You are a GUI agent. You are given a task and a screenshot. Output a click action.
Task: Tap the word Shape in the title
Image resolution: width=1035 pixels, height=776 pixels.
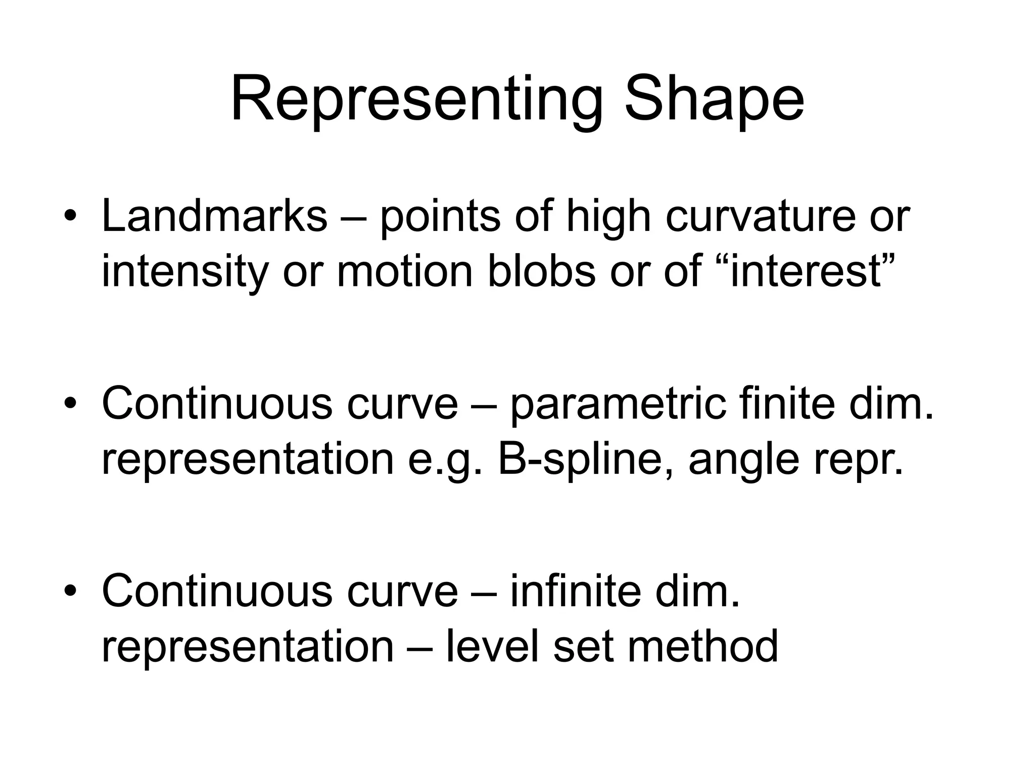[x=714, y=99]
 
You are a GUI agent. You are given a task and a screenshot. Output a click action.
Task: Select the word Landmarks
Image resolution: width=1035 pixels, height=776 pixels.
[x=214, y=216]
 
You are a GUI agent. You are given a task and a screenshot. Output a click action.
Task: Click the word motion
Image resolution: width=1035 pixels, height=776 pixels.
[x=404, y=272]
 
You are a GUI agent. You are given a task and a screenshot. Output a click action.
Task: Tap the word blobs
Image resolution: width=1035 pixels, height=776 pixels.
[x=541, y=272]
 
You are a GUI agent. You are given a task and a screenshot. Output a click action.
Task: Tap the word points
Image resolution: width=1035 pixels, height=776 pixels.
[x=440, y=216]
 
